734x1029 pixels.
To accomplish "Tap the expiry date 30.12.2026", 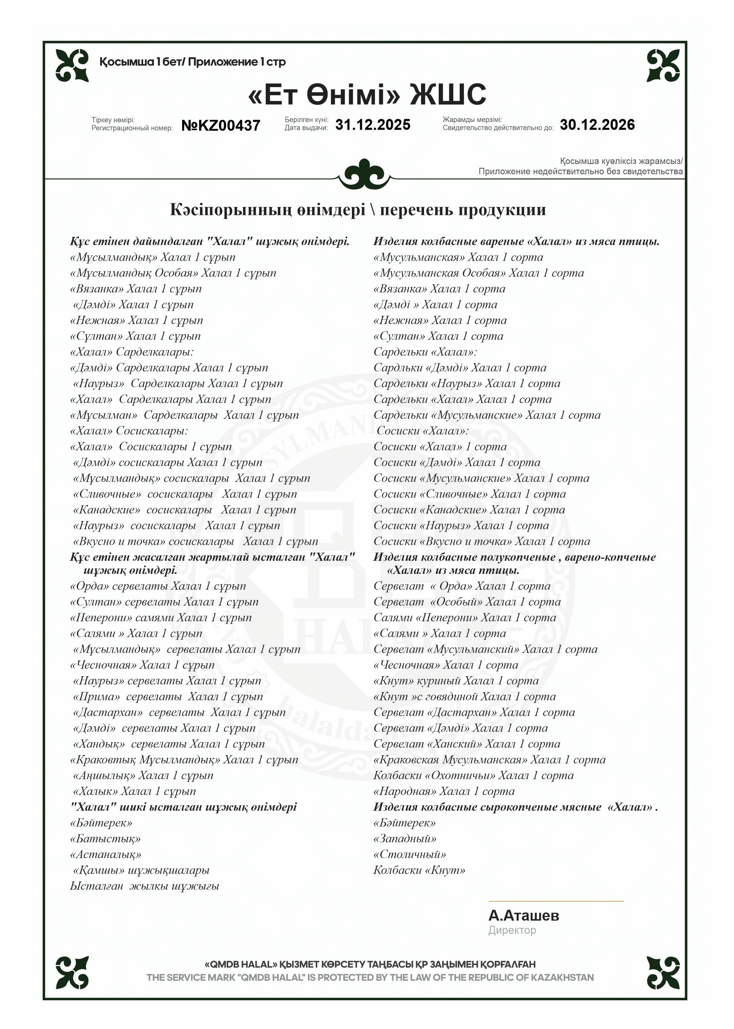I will pyautogui.click(x=597, y=125).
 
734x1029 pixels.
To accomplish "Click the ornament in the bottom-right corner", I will pyautogui.click(x=663, y=972).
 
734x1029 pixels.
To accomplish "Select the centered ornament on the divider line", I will pyautogui.click(x=364, y=174).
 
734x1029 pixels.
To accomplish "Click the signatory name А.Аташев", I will pyautogui.click(x=523, y=916).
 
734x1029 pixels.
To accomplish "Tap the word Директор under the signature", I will pyautogui.click(x=512, y=930).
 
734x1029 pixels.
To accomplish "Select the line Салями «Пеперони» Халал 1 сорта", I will pyautogui.click(x=464, y=618).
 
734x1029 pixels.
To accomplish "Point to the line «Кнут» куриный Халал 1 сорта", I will pyautogui.click(x=456, y=681).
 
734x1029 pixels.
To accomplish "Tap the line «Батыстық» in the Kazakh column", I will pyautogui.click(x=105, y=839).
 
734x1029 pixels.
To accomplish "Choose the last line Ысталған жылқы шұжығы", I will pyautogui.click(x=144, y=886).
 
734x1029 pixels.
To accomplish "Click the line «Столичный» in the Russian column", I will pyautogui.click(x=409, y=855).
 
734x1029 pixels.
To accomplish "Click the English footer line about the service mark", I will pyautogui.click(x=370, y=977).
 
